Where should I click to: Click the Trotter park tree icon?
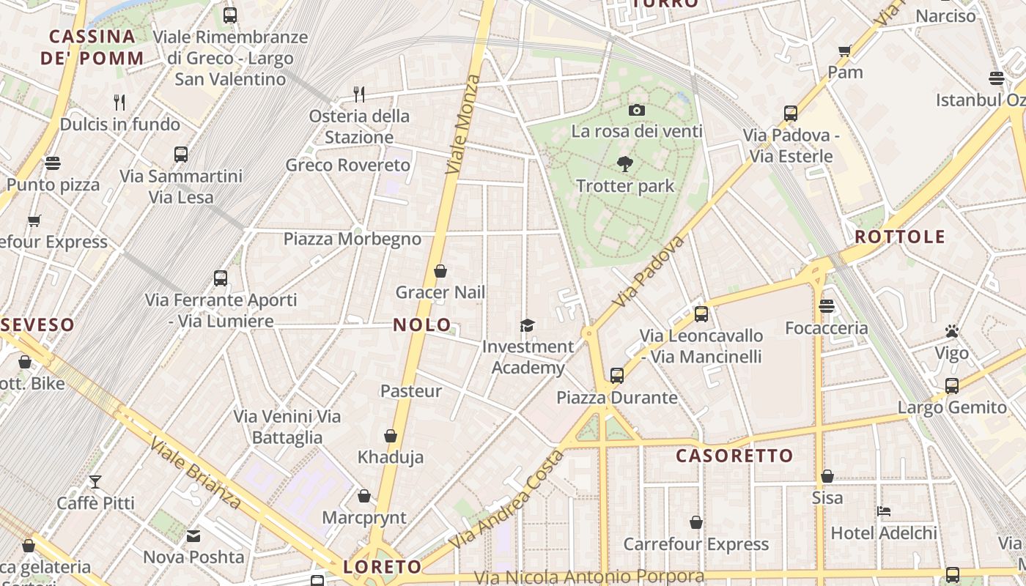click(624, 163)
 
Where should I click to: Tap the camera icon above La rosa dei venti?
click(637, 110)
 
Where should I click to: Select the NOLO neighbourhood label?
click(423, 324)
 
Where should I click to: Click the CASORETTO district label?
click(734, 456)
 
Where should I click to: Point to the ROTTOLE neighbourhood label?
click(900, 237)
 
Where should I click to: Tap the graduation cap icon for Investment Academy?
click(527, 325)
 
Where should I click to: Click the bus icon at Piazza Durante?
click(617, 376)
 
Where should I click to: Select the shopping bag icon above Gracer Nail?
click(440, 271)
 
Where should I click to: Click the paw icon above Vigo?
click(952, 332)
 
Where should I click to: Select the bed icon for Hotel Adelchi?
click(884, 511)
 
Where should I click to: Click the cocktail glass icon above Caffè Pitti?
click(95, 481)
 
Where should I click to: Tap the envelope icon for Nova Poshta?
click(193, 536)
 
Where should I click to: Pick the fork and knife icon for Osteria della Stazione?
click(359, 94)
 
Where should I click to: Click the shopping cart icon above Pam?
click(845, 51)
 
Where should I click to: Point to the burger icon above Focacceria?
click(827, 305)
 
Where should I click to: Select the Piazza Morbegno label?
click(353, 239)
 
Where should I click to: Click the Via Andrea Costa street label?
click(507, 500)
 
